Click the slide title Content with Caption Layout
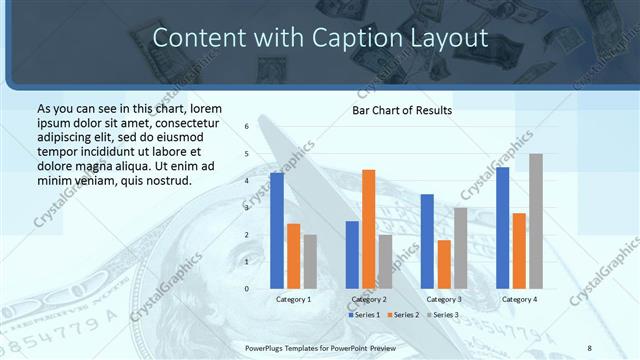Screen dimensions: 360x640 coord(320,38)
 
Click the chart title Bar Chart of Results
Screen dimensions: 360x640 coord(402,110)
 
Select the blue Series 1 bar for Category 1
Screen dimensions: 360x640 coord(277,230)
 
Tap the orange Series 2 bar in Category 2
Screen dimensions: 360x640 coord(369,229)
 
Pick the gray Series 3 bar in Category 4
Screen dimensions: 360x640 coord(536,221)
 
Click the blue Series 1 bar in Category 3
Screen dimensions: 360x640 coord(427,241)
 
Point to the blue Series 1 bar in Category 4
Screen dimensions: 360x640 coord(502,228)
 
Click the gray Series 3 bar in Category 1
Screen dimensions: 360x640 coord(310,262)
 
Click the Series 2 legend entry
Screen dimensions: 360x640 coord(403,315)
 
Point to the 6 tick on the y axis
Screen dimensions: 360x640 coord(247,127)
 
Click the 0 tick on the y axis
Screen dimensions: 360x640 coord(247,289)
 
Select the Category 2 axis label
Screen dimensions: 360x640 coord(369,300)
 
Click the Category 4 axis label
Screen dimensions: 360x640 coord(519,300)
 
